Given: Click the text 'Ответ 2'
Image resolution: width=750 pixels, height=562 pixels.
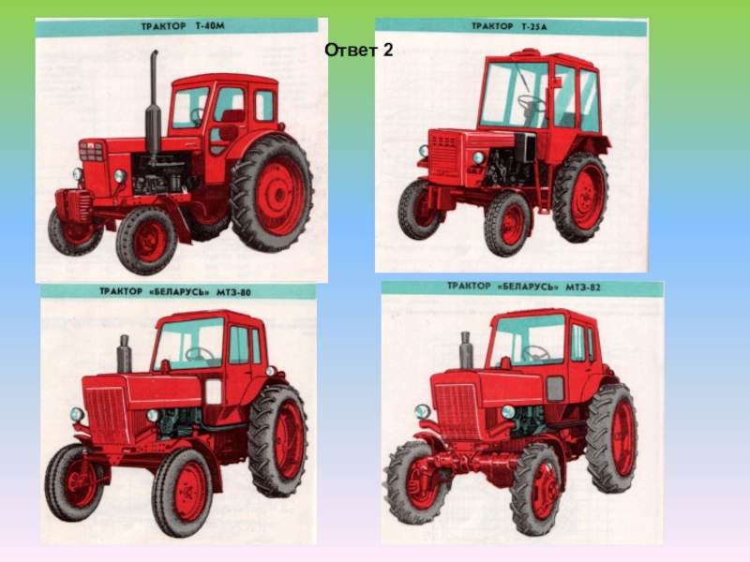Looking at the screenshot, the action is coord(359,50).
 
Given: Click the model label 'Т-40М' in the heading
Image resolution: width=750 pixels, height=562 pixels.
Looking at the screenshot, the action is coord(209,27).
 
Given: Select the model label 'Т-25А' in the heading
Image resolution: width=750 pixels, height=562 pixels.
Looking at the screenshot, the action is coord(533,27).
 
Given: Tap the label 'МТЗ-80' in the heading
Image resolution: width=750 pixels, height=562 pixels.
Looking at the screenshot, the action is coord(233,292).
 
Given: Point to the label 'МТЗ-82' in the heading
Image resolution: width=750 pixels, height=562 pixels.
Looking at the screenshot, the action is coord(582,287).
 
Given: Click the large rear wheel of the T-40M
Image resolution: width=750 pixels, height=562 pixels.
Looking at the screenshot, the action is coord(272,194).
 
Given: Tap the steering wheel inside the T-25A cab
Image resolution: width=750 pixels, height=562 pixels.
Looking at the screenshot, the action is coord(531,103).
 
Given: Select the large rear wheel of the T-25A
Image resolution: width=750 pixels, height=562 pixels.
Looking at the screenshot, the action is coord(580,198).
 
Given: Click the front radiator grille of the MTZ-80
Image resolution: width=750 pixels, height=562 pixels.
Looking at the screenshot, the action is coord(108,415).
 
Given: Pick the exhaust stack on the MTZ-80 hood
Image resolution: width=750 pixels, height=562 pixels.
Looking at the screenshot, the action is coord(125,354).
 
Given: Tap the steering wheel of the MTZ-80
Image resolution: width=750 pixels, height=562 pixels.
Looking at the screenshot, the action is coord(200,354).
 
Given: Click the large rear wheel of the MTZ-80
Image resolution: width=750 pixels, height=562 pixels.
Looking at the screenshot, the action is coord(278,440).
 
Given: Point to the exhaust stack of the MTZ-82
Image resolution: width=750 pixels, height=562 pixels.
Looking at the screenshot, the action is coord(466,350).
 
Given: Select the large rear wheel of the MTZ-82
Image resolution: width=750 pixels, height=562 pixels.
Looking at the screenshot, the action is coord(613,437).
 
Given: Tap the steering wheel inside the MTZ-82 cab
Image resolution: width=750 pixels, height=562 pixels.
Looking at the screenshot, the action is coord(535,353).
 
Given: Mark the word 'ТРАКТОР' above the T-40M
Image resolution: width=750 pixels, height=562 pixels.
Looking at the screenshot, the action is coord(163,27).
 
